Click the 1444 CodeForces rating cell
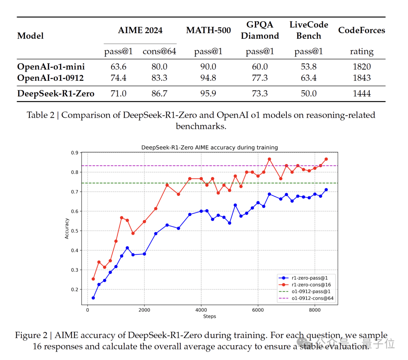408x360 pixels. (x=362, y=94)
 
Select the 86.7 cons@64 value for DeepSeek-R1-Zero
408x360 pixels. (x=159, y=94)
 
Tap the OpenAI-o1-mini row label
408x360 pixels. (x=51, y=67)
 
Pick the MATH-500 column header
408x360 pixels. (x=208, y=31)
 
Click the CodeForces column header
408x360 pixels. (x=362, y=31)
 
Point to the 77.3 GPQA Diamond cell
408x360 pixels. (x=260, y=78)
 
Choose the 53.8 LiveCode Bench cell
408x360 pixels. (x=309, y=67)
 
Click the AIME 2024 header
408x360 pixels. (x=140, y=31)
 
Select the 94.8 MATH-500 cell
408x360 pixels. (x=208, y=78)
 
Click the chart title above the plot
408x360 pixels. (x=210, y=148)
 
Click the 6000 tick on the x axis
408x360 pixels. (x=258, y=310)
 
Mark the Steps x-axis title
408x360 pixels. (x=209, y=316)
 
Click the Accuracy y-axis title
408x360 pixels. (x=67, y=228)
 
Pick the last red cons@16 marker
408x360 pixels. (x=326, y=159)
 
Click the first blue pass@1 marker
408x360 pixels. (x=93, y=298)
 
